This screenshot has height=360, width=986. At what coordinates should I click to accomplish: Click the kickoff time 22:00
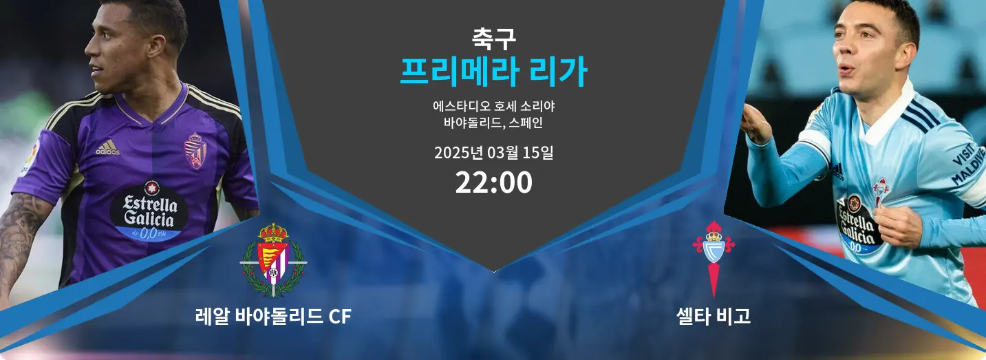click(x=493, y=182)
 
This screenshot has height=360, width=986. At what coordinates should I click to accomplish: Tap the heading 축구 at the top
click(x=493, y=39)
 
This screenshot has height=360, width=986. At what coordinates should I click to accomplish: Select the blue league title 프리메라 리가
click(x=493, y=72)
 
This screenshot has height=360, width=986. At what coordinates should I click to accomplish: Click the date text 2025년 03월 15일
click(x=493, y=153)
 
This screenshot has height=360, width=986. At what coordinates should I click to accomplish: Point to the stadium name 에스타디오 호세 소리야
click(x=493, y=106)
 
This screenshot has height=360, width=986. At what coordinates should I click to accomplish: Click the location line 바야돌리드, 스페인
click(x=493, y=123)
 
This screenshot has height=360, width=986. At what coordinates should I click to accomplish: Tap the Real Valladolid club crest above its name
click(x=273, y=260)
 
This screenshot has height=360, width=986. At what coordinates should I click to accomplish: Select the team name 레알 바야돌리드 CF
click(x=273, y=316)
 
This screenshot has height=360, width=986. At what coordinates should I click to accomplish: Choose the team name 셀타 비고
click(x=713, y=316)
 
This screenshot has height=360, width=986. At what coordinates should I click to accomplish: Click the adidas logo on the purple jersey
click(x=108, y=147)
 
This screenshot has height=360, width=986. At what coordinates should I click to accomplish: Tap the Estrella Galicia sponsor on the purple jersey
click(x=149, y=211)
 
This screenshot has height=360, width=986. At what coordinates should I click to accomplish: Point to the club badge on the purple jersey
click(x=195, y=151)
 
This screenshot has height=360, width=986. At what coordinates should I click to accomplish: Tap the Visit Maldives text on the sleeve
click(x=968, y=164)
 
